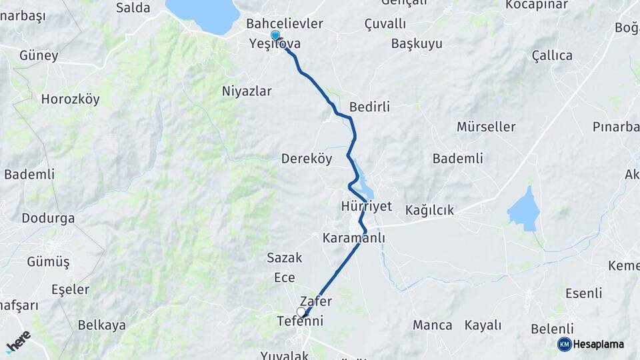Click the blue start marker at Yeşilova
(x=275, y=35)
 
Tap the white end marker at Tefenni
(x=301, y=312)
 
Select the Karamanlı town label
(x=353, y=238)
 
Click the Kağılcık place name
(x=429, y=211)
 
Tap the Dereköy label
(x=307, y=159)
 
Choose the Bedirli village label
(x=369, y=107)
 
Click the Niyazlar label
(x=247, y=91)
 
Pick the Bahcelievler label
(x=285, y=24)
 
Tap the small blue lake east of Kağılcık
(x=524, y=211)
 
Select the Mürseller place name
(x=486, y=127)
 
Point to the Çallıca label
(x=552, y=56)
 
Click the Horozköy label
(x=70, y=99)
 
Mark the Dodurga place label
(x=48, y=218)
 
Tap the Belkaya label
(x=102, y=325)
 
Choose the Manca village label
(x=432, y=325)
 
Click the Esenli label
(x=583, y=293)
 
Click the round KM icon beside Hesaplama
(x=564, y=344)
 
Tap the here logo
(x=18, y=341)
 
